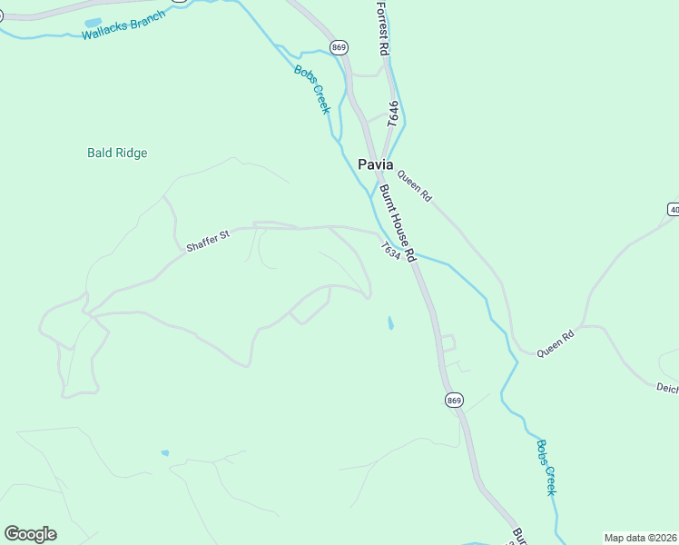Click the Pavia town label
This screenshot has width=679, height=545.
(x=376, y=165)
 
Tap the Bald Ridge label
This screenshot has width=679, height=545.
(x=117, y=153)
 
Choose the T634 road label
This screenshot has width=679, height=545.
(x=390, y=250)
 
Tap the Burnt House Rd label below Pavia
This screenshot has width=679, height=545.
(x=397, y=223)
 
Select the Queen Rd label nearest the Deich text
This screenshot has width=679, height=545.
(x=556, y=342)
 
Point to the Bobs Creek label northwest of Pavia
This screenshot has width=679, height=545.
(x=311, y=89)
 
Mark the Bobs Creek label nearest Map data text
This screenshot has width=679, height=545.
(x=546, y=468)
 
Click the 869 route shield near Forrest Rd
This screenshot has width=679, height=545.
(x=339, y=46)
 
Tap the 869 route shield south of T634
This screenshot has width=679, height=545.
(x=455, y=400)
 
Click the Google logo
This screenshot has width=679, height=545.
(x=30, y=534)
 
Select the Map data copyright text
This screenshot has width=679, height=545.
(x=641, y=538)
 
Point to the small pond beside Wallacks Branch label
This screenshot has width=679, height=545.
(x=93, y=22)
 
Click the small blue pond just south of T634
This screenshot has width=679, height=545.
(x=390, y=322)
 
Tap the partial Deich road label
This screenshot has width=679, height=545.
(x=667, y=388)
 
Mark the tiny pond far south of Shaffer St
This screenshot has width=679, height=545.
(x=164, y=452)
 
